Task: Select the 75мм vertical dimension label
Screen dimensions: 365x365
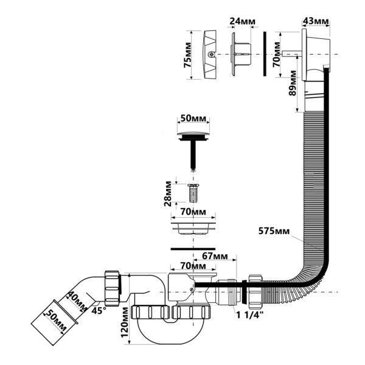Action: [x=187, y=55]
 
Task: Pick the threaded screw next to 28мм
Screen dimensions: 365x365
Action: [x=194, y=194]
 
